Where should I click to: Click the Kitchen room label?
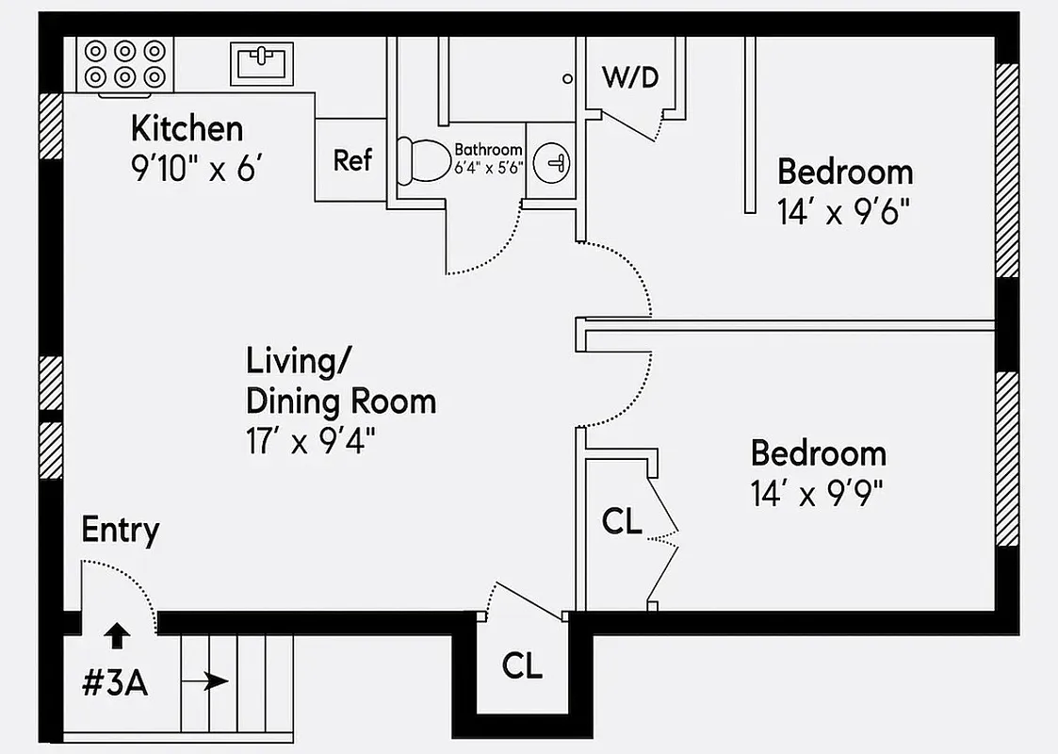click(x=187, y=128)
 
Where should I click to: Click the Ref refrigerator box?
click(x=352, y=159)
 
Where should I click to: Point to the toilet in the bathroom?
click(x=420, y=161)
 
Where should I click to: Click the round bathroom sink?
click(x=552, y=164)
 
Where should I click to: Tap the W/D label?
click(x=630, y=77)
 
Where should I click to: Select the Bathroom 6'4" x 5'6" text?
click(x=488, y=157)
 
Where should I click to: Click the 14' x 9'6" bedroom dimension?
click(x=845, y=213)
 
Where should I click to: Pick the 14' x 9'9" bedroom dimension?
click(x=818, y=494)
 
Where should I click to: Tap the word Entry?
click(x=120, y=530)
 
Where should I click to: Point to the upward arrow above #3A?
click(x=116, y=636)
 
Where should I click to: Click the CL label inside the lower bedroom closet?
click(x=622, y=521)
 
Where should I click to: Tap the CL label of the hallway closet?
click(x=522, y=665)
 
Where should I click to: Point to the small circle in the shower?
click(x=567, y=79)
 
